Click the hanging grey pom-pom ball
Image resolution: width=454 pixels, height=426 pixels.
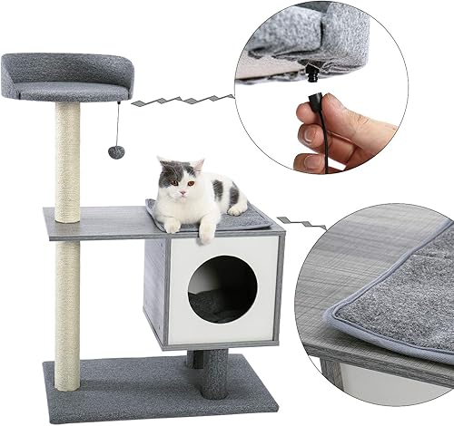[x=116, y=151]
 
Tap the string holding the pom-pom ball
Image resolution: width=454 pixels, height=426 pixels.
[x=118, y=122]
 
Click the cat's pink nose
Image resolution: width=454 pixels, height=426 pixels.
[x=180, y=192]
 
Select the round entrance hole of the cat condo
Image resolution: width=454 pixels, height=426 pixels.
[x=222, y=288]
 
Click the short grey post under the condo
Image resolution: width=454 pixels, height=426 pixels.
[x=214, y=372]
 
